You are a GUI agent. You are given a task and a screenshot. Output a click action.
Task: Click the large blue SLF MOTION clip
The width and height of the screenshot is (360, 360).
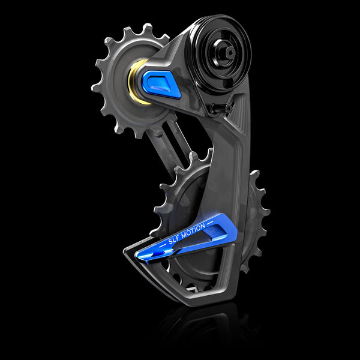(x=186, y=237)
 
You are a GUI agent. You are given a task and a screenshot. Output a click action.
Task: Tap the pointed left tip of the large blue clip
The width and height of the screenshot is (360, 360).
(x=139, y=256)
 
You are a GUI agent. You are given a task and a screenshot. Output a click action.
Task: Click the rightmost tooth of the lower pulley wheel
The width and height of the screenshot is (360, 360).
(x=265, y=210)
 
